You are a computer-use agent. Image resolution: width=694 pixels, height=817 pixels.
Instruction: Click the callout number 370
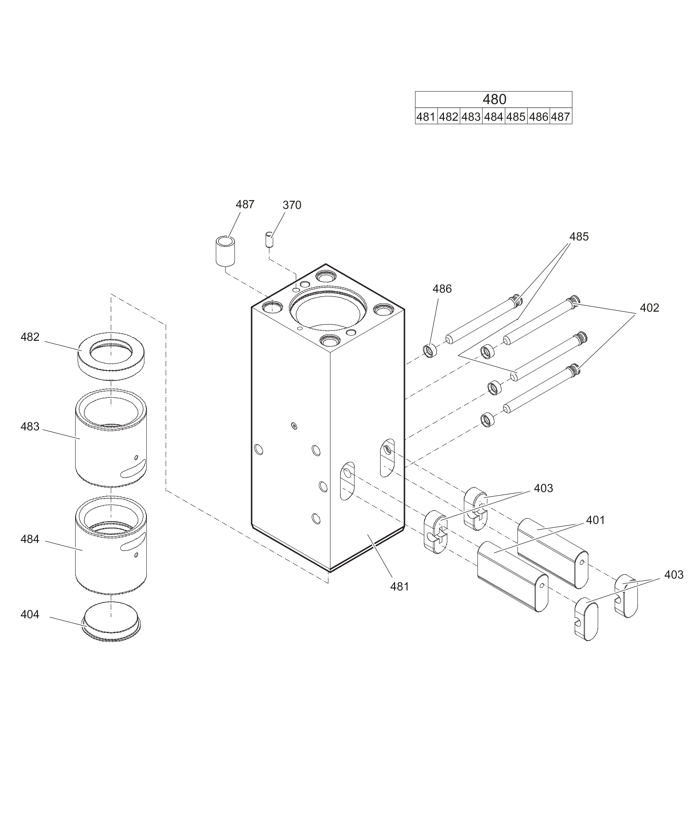tap(292, 205)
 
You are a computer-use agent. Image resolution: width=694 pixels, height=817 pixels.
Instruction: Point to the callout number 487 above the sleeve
tap(245, 205)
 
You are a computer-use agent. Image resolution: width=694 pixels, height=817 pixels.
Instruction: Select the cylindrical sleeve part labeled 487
tap(225, 251)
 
